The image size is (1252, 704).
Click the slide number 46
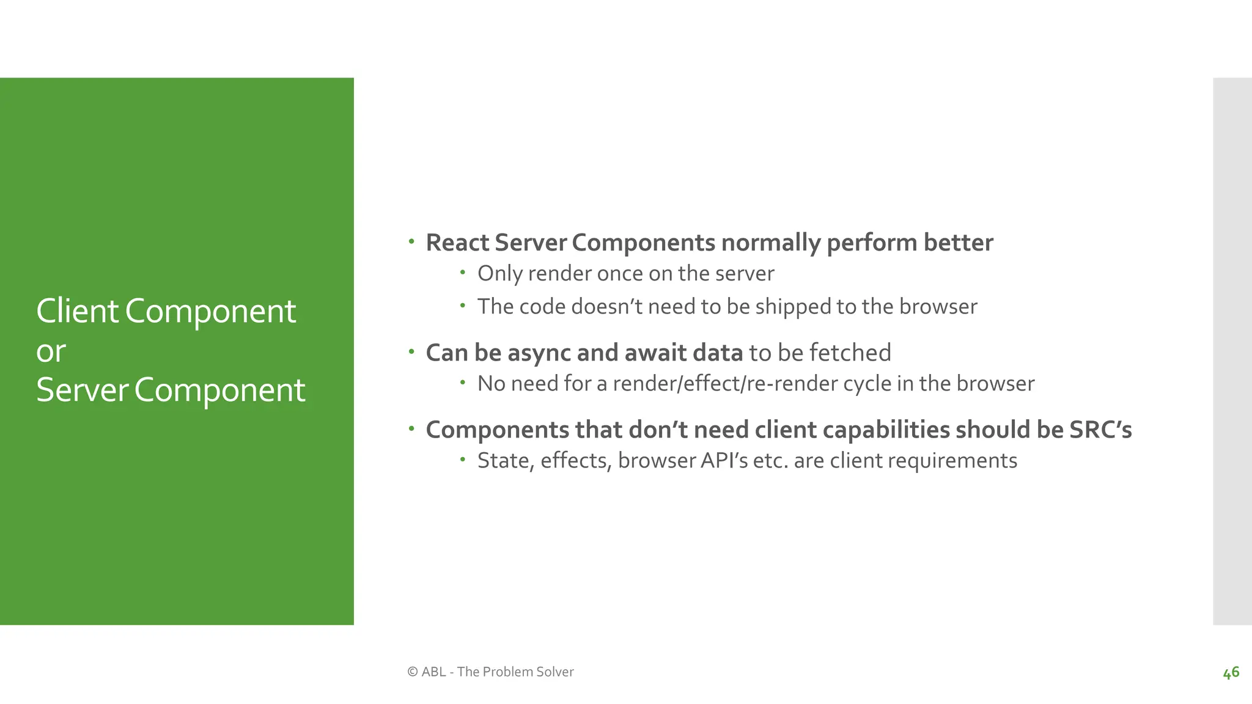tap(1231, 672)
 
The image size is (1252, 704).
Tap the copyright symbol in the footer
tap(413, 672)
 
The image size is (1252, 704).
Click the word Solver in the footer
tap(554, 672)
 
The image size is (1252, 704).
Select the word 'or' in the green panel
tap(51, 351)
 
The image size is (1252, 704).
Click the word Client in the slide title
tap(77, 311)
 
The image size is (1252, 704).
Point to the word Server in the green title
tap(82, 390)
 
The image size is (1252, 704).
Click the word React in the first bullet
tap(457, 243)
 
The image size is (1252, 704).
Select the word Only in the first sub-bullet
tap(499, 274)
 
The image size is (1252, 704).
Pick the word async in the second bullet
tap(539, 353)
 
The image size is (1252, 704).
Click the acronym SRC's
tap(1100, 430)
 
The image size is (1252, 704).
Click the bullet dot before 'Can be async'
tap(412, 351)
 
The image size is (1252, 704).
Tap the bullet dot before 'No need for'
tap(463, 383)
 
